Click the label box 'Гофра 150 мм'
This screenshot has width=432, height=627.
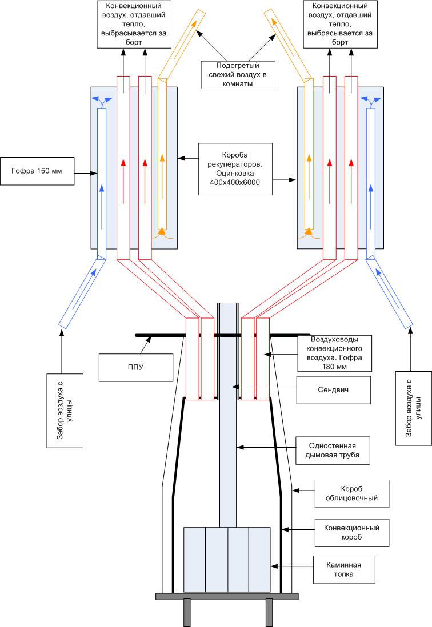point(38,170)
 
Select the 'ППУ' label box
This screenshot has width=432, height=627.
point(135,367)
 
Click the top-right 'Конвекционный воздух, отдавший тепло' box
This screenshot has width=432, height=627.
point(339,23)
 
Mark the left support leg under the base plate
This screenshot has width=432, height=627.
point(186,613)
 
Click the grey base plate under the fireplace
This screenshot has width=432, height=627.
point(227,596)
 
